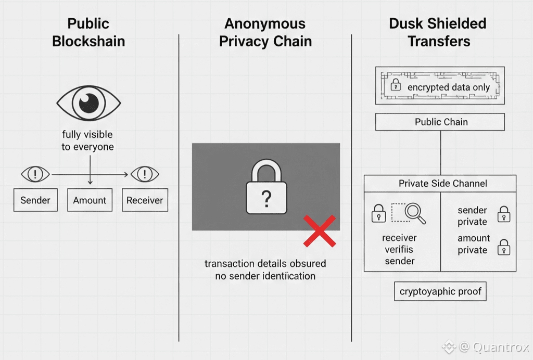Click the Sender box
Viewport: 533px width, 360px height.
(35, 200)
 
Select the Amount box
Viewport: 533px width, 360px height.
(90, 200)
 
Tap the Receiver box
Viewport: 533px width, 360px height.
(145, 200)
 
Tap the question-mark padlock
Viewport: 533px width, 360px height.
(266, 188)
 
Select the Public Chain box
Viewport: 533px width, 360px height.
(440, 122)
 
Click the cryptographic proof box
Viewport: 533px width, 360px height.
(441, 291)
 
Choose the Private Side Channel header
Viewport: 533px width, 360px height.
(440, 183)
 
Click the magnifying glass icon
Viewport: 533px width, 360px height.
(415, 212)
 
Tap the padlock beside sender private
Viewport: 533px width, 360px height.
(503, 214)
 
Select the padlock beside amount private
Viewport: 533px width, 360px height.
(503, 247)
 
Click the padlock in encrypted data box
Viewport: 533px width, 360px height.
(396, 85)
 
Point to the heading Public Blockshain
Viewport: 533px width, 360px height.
(88, 32)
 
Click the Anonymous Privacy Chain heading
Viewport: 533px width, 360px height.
(265, 32)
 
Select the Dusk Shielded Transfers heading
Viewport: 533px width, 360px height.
(438, 32)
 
